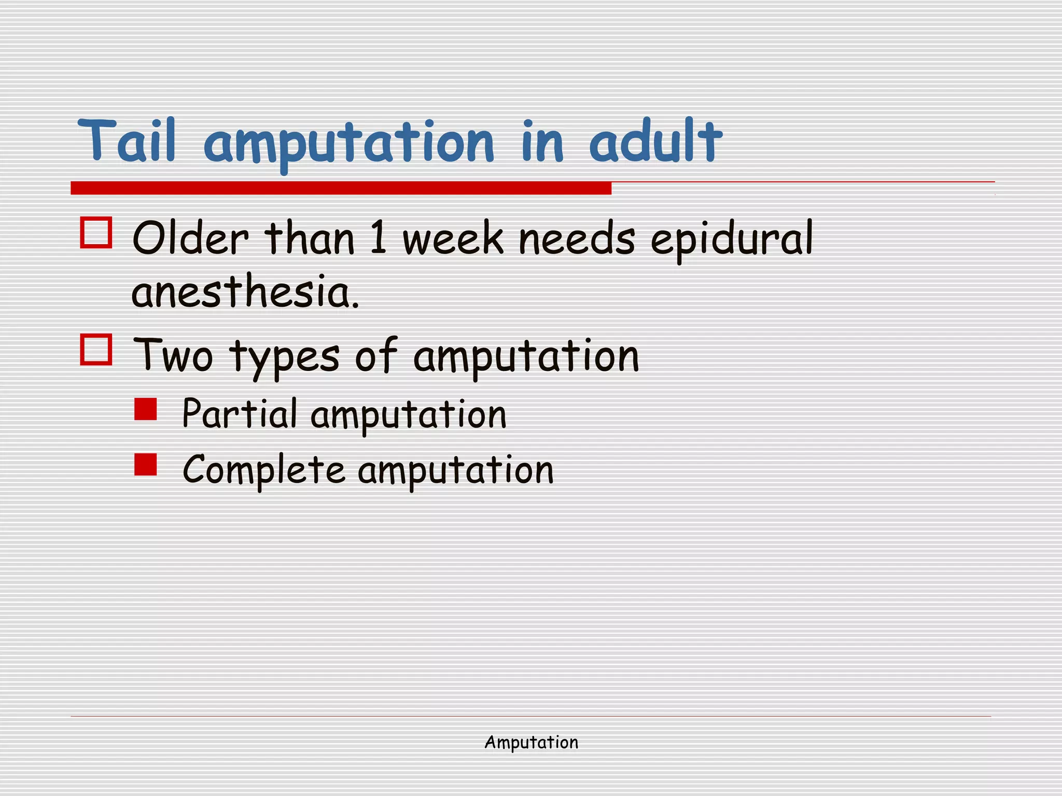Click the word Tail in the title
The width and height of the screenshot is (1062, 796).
(x=127, y=140)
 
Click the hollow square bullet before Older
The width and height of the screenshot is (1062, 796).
(x=96, y=233)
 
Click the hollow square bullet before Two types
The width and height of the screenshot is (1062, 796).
(x=96, y=350)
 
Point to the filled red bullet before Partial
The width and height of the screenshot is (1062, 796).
(x=145, y=409)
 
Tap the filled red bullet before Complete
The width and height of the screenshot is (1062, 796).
(x=145, y=464)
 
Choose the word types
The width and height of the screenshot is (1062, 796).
(x=285, y=358)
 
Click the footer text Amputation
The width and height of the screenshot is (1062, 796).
(x=531, y=743)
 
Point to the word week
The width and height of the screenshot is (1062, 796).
(x=453, y=238)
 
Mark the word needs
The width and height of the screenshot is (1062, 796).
(x=577, y=238)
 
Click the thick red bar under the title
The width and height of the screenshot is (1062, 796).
(x=341, y=188)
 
